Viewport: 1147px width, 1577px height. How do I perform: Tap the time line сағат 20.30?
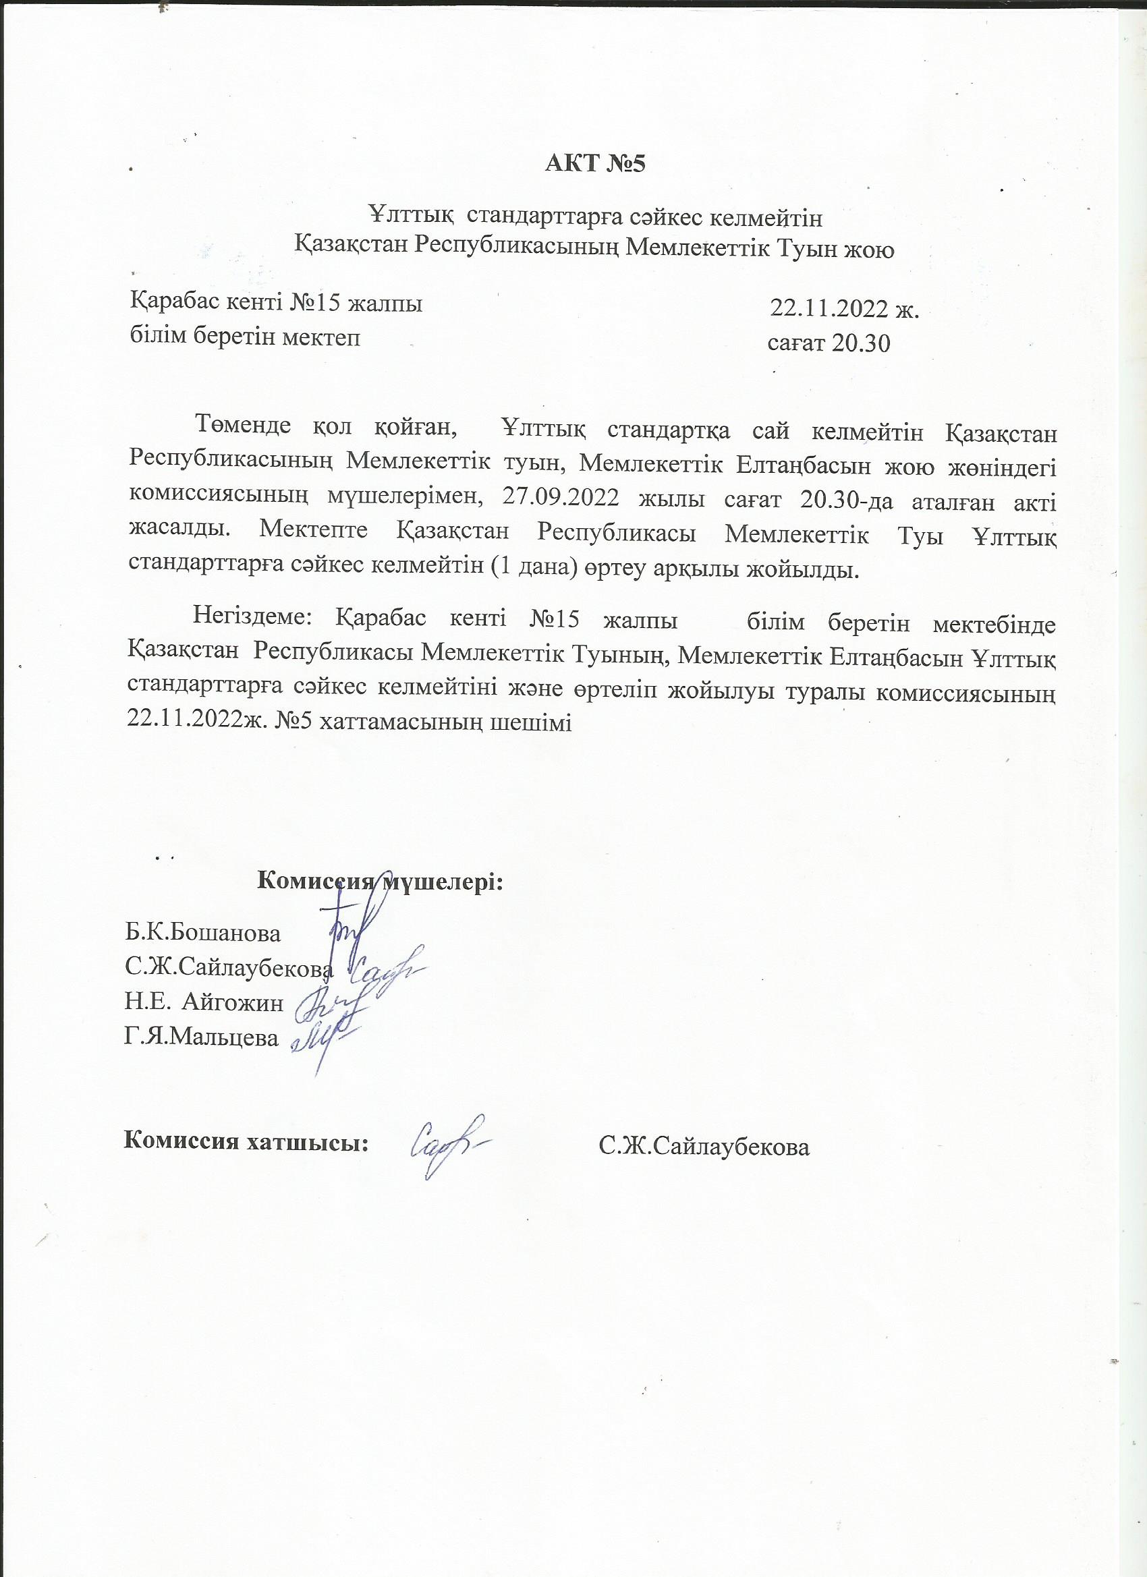pyautogui.click(x=829, y=343)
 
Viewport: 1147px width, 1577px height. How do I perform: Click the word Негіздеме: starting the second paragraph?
pyautogui.click(x=254, y=617)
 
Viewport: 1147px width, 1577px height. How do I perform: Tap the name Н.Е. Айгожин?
pyautogui.click(x=204, y=1004)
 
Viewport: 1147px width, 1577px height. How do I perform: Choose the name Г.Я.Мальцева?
pyautogui.click(x=202, y=1038)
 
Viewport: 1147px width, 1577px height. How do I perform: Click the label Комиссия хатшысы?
pyautogui.click(x=246, y=1142)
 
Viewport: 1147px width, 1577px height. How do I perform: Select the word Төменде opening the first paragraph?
pyautogui.click(x=244, y=425)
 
